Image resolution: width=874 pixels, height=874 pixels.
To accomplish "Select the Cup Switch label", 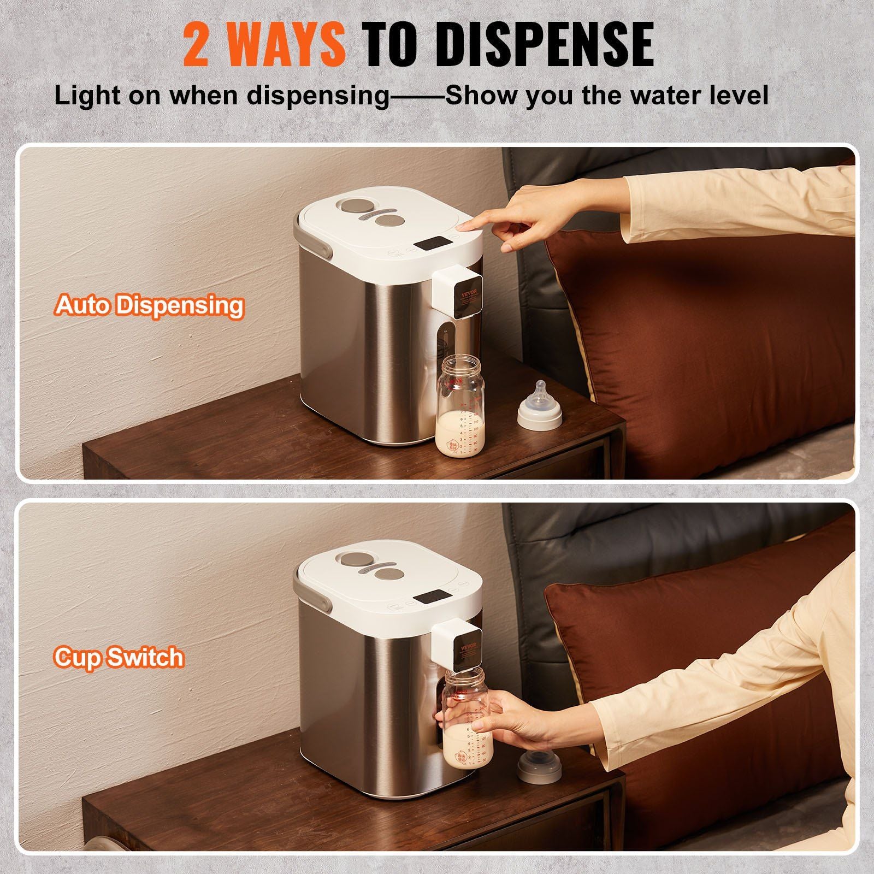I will pyautogui.click(x=119, y=657).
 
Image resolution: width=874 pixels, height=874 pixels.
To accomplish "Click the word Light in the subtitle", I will pyautogui.click(x=87, y=96).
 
